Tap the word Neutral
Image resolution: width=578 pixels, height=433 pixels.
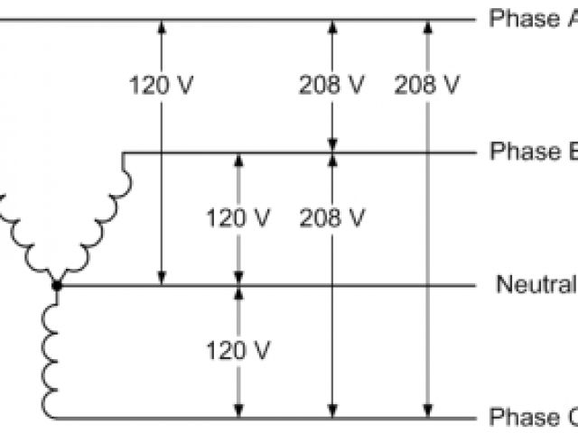point(536,285)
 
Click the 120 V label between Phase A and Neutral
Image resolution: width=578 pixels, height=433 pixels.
point(162,86)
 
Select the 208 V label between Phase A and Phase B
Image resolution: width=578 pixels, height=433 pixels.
point(331,86)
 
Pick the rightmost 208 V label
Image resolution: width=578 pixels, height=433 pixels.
point(426,86)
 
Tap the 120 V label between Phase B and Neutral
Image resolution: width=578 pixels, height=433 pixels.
point(238,217)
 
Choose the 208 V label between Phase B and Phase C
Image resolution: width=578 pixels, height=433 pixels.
point(331,217)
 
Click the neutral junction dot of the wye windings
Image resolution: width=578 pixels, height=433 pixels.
point(56,286)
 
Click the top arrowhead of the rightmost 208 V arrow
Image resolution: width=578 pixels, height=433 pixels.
point(426,25)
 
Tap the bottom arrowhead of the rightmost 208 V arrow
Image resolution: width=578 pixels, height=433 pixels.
point(426,412)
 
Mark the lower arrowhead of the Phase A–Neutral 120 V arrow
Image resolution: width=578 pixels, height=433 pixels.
point(162,280)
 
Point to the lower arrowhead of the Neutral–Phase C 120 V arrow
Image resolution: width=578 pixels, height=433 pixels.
point(238,412)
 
